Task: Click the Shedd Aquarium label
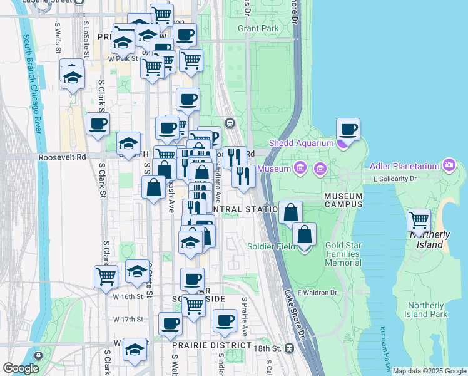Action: click(x=302, y=143)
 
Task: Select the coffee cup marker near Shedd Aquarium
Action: click(x=348, y=130)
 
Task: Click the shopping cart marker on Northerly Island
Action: click(x=419, y=221)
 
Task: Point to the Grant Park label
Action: click(x=258, y=28)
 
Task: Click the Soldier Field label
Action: click(x=271, y=246)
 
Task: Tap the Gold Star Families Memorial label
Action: click(x=343, y=254)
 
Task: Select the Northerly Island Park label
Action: click(x=425, y=310)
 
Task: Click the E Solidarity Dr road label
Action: click(x=395, y=179)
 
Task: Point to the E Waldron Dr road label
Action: click(x=317, y=292)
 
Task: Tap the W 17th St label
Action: click(x=128, y=319)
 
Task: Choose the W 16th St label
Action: click(x=129, y=296)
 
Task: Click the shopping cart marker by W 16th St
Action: click(x=106, y=276)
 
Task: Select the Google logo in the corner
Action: click(x=20, y=368)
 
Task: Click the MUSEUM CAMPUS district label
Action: click(x=343, y=201)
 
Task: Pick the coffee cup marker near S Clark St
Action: click(x=98, y=125)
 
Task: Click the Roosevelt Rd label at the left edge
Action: click(x=61, y=157)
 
